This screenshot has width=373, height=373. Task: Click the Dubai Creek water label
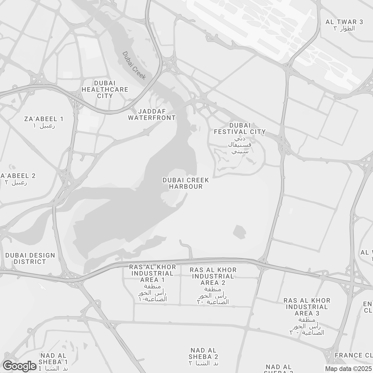click(x=134, y=66)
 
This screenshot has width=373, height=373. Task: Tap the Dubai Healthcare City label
click(x=105, y=89)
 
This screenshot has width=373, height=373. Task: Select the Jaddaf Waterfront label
click(x=152, y=115)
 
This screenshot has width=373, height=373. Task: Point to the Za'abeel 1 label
click(x=44, y=119)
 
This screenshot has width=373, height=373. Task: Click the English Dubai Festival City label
click(x=240, y=129)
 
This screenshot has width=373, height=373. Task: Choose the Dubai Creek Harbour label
click(x=186, y=183)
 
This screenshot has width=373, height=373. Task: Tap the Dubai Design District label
click(x=30, y=258)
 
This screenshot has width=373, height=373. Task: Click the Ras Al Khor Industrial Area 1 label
click(x=152, y=273)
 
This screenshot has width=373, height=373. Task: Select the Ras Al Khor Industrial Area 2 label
click(x=213, y=276)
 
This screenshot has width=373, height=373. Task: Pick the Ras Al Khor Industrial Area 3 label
click(x=307, y=307)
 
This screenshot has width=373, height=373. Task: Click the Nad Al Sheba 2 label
click(x=203, y=353)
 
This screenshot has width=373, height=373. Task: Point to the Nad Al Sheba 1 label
click(x=54, y=359)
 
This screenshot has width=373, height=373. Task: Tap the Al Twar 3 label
click(x=344, y=22)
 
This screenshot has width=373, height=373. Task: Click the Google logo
click(x=20, y=366)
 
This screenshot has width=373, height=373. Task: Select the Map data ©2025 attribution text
click(x=348, y=369)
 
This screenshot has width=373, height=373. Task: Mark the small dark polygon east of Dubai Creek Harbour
click(x=240, y=232)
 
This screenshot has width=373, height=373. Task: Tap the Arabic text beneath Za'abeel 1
click(x=44, y=126)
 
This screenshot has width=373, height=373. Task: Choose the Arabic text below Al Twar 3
click(x=344, y=29)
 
